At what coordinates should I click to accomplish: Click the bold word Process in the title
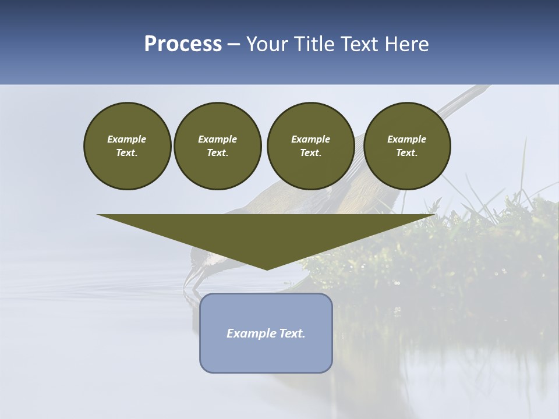(x=183, y=44)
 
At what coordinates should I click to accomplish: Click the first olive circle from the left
(x=127, y=146)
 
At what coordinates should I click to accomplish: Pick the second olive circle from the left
(x=217, y=146)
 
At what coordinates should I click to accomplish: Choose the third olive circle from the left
(x=310, y=146)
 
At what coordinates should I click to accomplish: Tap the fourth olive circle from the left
(x=406, y=146)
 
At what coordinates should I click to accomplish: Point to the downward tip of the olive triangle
(x=267, y=268)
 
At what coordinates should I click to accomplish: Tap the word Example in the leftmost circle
(x=127, y=139)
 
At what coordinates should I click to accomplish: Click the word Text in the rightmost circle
(x=406, y=153)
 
